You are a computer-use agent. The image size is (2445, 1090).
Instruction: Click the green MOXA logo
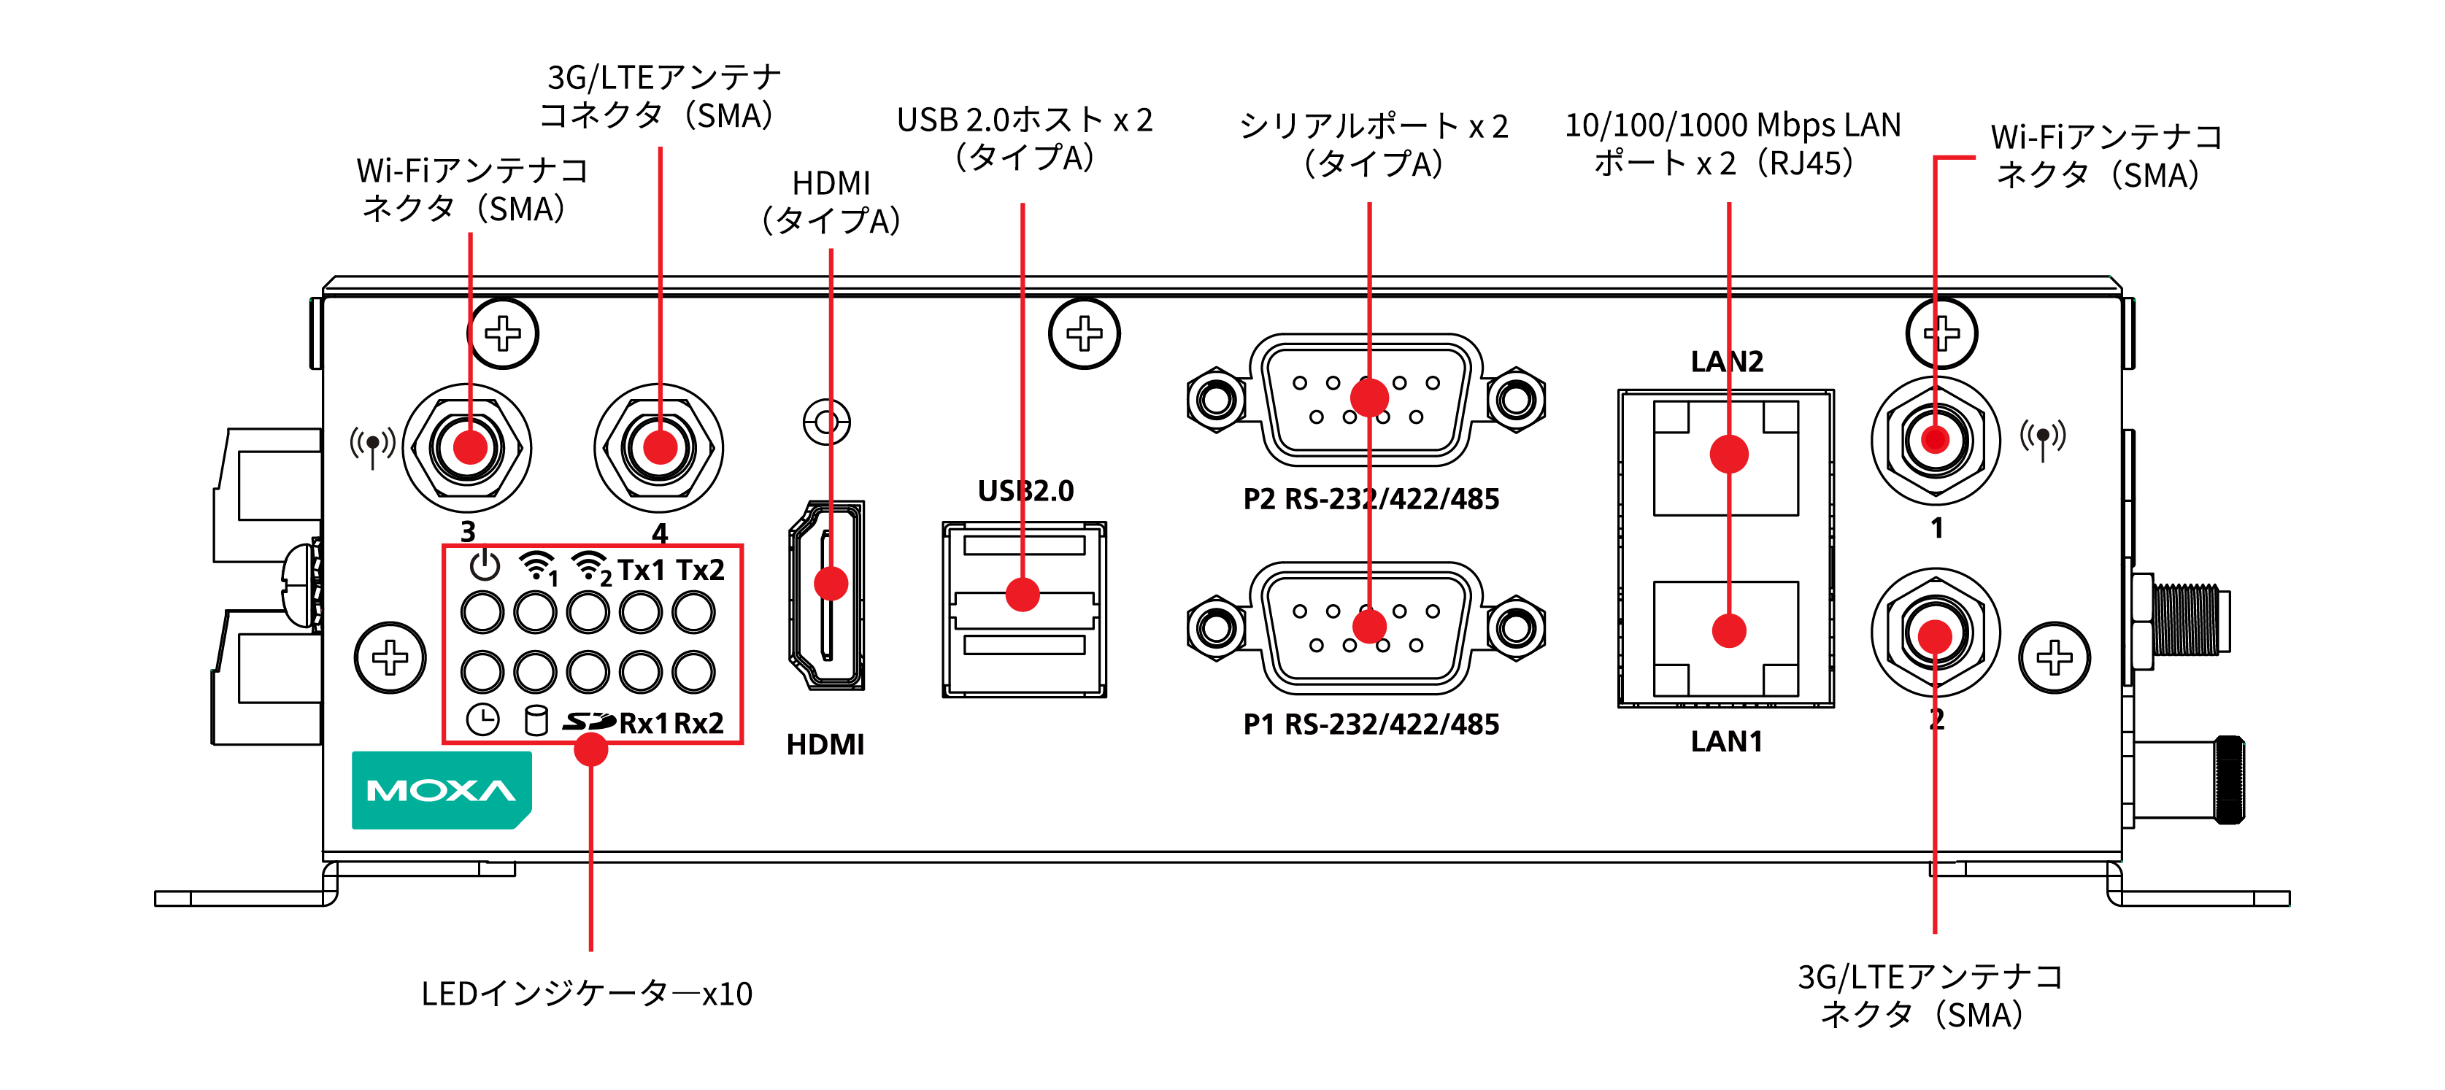tap(442, 789)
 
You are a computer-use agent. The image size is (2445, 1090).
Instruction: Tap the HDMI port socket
tap(827, 595)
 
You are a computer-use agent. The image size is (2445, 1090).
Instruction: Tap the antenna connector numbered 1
tap(1936, 440)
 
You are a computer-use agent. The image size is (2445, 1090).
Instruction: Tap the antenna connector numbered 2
tap(1936, 633)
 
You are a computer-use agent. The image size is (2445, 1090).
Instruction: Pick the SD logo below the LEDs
tap(588, 722)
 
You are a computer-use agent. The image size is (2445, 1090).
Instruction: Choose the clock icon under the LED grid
tap(482, 720)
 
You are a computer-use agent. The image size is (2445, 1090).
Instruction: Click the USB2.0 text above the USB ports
tap(1025, 490)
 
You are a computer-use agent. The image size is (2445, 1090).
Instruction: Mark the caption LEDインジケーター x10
tap(587, 993)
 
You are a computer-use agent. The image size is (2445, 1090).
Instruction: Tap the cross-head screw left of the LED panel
tap(390, 657)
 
